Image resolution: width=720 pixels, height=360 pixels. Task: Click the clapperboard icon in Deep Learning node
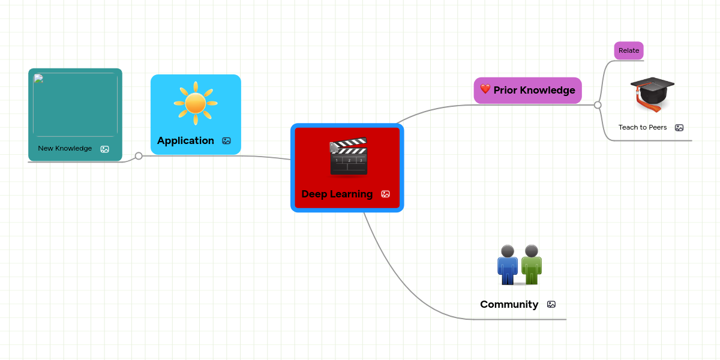click(348, 157)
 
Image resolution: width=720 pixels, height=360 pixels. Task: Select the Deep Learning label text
click(337, 194)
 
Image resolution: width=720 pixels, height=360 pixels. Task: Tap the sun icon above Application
click(196, 103)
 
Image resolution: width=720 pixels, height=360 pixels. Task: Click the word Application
click(185, 140)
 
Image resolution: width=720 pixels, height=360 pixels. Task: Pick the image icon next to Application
click(226, 141)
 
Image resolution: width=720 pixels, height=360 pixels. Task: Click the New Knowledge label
click(65, 148)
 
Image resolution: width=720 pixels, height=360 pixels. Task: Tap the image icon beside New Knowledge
click(104, 149)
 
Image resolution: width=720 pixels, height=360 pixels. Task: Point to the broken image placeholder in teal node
click(38, 79)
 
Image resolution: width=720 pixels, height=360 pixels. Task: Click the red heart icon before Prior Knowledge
click(485, 89)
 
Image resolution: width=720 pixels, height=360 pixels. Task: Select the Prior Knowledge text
click(534, 90)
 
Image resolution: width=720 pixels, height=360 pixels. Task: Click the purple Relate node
click(628, 50)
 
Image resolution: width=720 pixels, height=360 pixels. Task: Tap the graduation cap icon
click(652, 94)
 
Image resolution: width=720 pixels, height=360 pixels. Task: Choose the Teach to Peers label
click(643, 127)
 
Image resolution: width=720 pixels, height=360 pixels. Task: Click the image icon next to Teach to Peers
click(679, 128)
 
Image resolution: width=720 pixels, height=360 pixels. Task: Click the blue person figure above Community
click(508, 265)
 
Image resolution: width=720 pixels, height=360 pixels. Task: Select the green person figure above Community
click(531, 265)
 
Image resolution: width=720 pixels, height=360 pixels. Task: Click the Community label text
click(509, 304)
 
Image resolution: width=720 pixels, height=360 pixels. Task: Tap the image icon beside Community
click(551, 305)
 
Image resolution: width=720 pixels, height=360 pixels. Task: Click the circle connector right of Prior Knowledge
click(598, 105)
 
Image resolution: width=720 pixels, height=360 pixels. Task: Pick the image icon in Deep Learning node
click(385, 194)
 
